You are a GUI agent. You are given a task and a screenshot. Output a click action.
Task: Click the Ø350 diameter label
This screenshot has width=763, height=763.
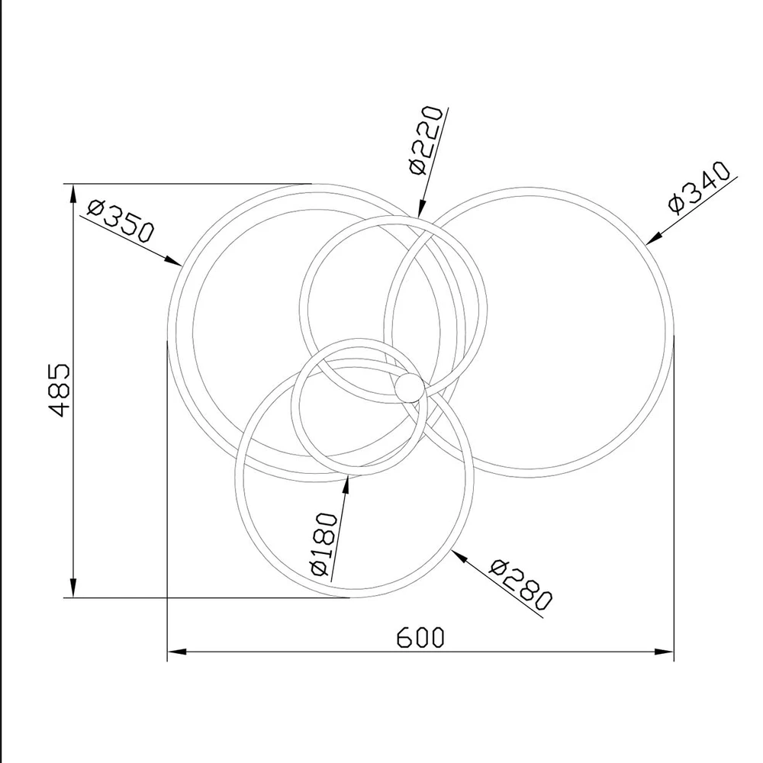coord(121,221)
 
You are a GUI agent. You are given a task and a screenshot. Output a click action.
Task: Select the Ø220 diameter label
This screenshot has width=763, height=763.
coord(426,140)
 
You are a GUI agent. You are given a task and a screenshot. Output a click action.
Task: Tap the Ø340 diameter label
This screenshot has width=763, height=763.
coord(699,187)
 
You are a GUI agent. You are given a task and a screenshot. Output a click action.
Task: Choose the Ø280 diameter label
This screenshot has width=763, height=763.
coord(520,585)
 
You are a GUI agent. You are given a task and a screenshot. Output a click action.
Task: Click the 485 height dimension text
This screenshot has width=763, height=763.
coord(60,389)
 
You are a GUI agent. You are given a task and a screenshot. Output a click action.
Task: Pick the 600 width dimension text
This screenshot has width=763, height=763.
coord(420,637)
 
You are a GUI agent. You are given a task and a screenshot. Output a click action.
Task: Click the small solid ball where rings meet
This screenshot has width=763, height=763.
coord(407,388)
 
